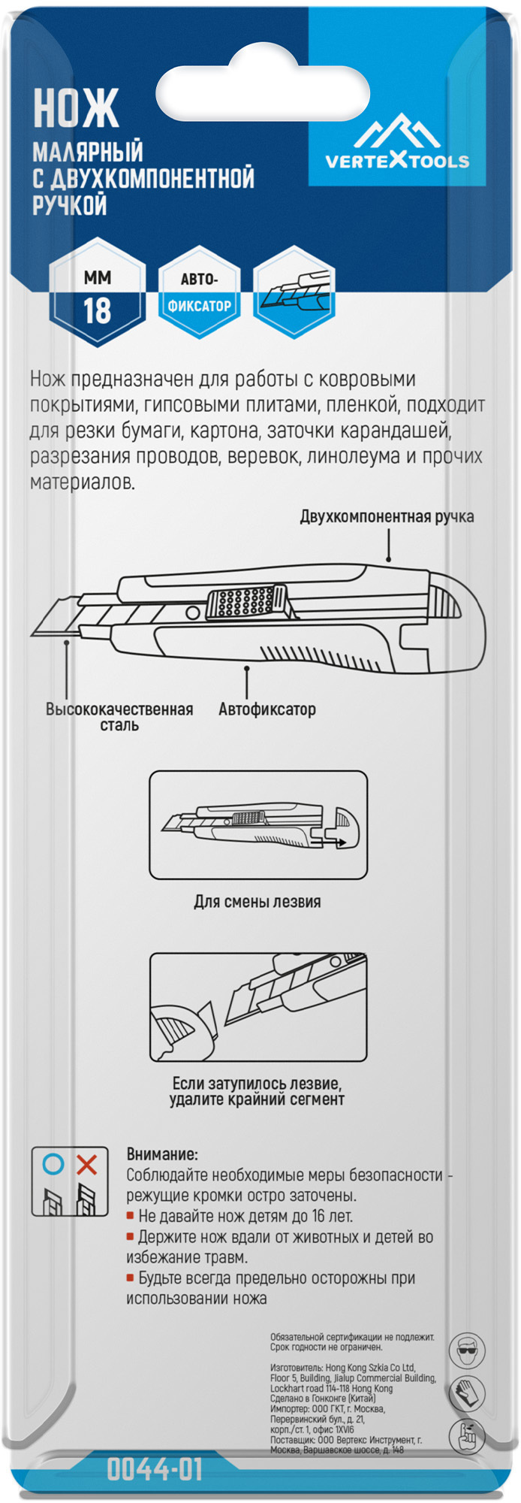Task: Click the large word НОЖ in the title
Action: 76,108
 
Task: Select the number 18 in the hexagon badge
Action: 97,310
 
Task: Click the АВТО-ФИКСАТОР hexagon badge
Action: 199,293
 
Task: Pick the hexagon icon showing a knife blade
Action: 294,293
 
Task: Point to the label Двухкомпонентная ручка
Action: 387,516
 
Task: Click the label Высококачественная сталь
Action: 119,716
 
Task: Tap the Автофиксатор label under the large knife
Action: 267,709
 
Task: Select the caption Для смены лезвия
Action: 257,902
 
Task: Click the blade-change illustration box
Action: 258,824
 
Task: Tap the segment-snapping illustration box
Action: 258,1007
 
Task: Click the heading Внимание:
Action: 162,1154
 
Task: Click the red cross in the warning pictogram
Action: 87,1165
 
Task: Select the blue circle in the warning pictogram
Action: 53,1165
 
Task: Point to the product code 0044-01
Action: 155,1469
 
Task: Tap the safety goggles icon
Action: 466,1350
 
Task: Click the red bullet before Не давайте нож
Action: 130,1215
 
